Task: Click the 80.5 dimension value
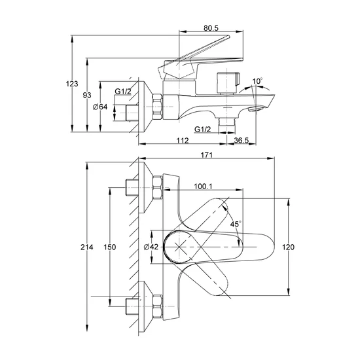[x=211, y=28]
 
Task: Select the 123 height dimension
[x=72, y=84]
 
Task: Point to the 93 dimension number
[x=87, y=95]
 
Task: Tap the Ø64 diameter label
[x=100, y=107]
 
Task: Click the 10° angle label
[x=257, y=81]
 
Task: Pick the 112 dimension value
[x=183, y=140]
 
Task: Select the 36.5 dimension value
[x=242, y=140]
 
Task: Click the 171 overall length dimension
[x=207, y=155]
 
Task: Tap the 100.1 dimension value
[x=203, y=186]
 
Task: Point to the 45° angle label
[x=236, y=224]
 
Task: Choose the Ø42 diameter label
[x=151, y=247]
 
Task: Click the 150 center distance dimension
[x=110, y=247]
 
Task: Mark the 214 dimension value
[x=87, y=247]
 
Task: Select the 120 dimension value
[x=288, y=247]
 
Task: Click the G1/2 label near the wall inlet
[x=123, y=92]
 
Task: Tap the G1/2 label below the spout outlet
[x=202, y=130]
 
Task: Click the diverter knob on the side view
[x=228, y=83]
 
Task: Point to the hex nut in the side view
[x=158, y=107]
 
